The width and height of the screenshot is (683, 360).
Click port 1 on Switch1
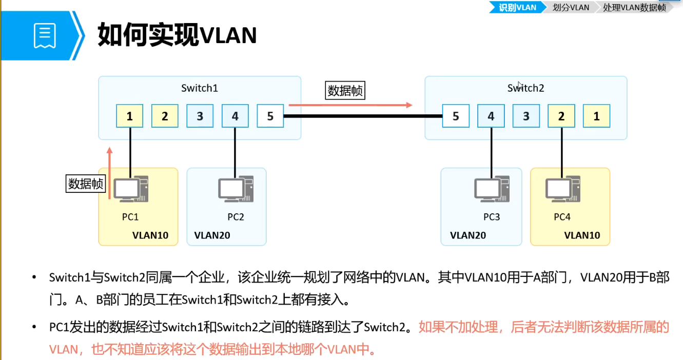click(x=129, y=116)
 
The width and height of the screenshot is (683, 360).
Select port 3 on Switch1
click(x=200, y=116)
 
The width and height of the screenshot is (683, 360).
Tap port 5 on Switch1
click(x=270, y=116)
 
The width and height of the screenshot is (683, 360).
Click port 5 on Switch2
click(x=456, y=116)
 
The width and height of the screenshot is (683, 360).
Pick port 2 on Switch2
click(x=561, y=116)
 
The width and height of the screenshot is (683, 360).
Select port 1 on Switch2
click(x=596, y=116)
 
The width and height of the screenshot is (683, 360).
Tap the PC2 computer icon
click(x=236, y=189)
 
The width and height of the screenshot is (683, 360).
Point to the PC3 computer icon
click(x=492, y=189)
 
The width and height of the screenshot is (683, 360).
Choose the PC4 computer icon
click(x=562, y=189)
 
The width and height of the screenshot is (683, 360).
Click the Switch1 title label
click(x=200, y=88)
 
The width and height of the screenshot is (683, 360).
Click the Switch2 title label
click(x=525, y=88)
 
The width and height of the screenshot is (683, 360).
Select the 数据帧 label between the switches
click(x=345, y=91)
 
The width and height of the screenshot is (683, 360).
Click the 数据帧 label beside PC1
click(x=86, y=183)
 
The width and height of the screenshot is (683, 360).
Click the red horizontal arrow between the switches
click(x=350, y=105)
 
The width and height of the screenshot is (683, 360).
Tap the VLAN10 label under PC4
click(x=582, y=235)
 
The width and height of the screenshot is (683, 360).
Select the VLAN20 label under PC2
click(x=212, y=235)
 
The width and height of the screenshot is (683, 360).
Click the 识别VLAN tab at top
click(x=517, y=7)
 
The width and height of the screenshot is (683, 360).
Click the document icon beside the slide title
click(x=45, y=35)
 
